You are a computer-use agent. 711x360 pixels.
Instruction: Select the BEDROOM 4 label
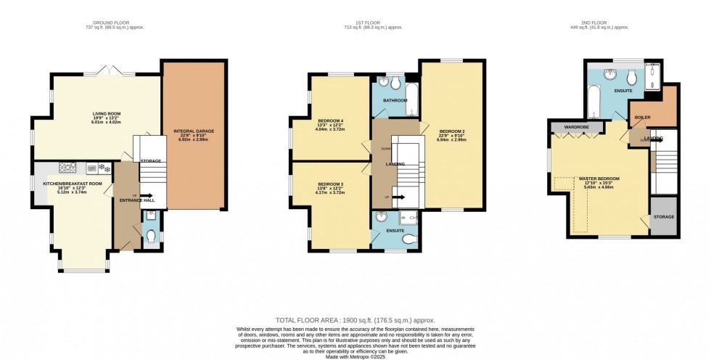tap(330, 120)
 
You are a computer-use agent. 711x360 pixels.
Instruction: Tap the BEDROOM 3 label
tap(330, 184)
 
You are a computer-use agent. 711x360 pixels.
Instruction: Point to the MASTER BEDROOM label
tap(599, 178)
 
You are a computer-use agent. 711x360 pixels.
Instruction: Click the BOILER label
tap(642, 117)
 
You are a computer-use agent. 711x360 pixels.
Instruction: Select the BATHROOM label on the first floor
tap(395, 100)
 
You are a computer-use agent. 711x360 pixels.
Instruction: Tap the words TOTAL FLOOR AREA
tap(304, 320)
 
